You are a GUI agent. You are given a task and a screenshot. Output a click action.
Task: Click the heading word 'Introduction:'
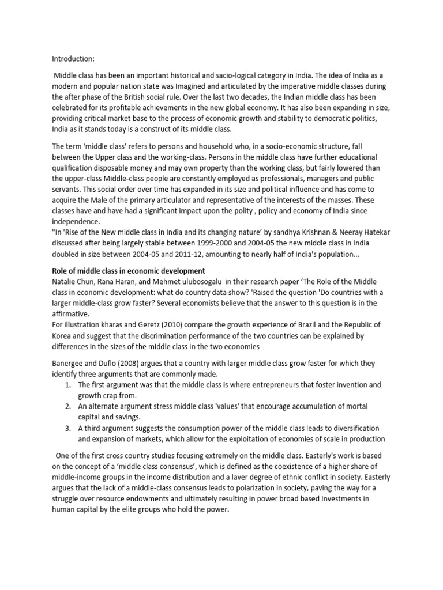coord(73,58)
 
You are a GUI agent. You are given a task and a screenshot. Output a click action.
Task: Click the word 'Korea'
coord(62,335)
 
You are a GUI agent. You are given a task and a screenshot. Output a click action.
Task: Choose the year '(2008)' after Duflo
coord(131,364)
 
